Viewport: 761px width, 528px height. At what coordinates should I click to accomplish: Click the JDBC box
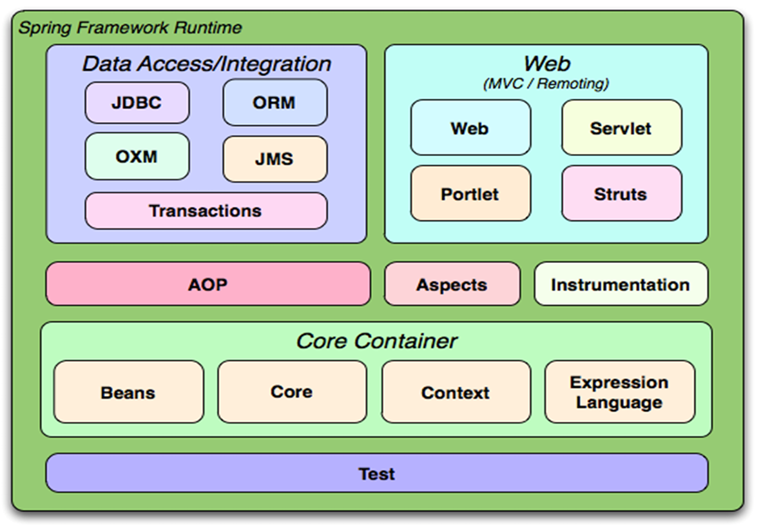click(137, 103)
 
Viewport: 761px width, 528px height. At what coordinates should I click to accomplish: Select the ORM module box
click(275, 103)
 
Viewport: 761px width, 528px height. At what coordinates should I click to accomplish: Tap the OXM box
click(137, 157)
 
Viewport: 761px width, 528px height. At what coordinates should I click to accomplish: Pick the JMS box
click(275, 159)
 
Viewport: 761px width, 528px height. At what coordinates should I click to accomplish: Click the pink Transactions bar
click(206, 211)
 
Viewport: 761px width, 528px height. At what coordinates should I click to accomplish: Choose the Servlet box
click(621, 128)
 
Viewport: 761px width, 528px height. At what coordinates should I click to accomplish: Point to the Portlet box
click(470, 194)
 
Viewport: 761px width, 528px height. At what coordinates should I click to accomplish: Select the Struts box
click(621, 194)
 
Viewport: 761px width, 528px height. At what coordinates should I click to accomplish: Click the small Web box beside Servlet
click(470, 128)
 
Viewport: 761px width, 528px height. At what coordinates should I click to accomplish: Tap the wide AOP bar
click(207, 284)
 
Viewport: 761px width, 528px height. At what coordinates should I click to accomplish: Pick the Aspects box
click(452, 284)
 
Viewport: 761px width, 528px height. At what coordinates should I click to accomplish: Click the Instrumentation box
click(620, 284)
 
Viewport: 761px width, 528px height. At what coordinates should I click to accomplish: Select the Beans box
click(128, 392)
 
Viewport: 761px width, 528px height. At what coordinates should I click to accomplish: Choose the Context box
click(456, 392)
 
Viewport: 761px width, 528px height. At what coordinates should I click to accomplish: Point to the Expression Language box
click(619, 392)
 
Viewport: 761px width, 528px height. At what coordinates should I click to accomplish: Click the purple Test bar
click(376, 473)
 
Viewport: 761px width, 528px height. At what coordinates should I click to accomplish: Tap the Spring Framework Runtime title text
click(130, 28)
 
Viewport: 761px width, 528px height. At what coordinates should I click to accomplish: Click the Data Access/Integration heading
click(206, 64)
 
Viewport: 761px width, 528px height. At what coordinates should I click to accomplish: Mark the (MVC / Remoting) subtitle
click(546, 83)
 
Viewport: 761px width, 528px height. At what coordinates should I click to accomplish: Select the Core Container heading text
click(376, 340)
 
